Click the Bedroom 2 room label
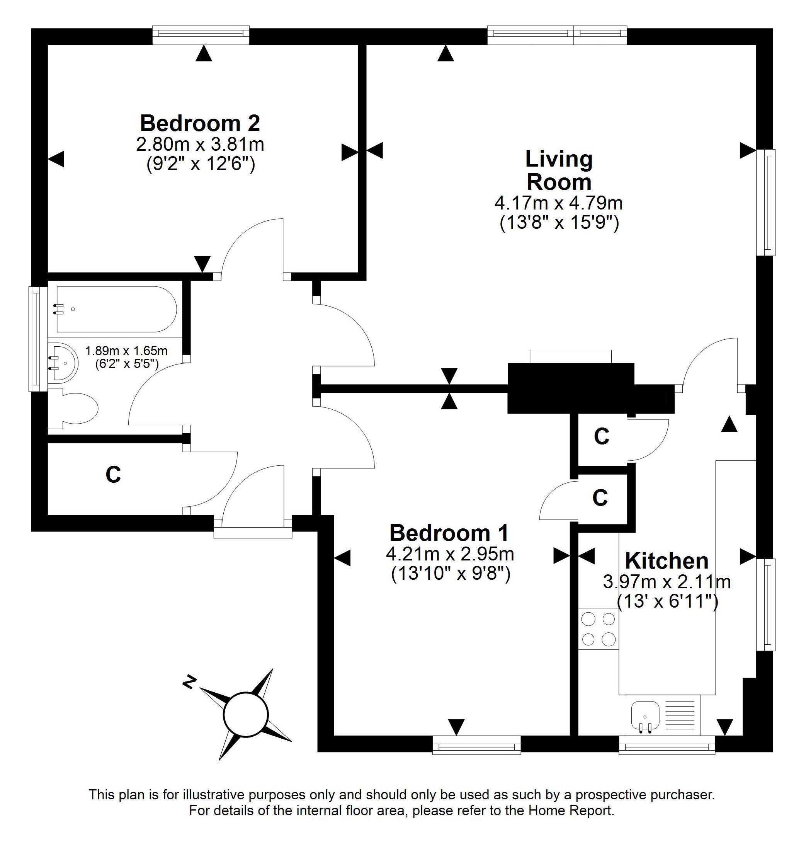tap(200, 123)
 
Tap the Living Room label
tap(559, 170)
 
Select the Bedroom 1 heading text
tap(449, 533)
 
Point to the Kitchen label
tap(667, 560)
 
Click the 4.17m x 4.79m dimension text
tap(559, 203)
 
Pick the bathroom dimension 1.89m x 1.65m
tap(126, 351)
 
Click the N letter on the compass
tap(189, 682)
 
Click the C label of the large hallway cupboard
tap(113, 475)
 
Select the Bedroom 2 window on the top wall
tap(201, 35)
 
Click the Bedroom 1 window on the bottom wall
tap(476, 744)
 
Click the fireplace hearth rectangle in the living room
tap(571, 357)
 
